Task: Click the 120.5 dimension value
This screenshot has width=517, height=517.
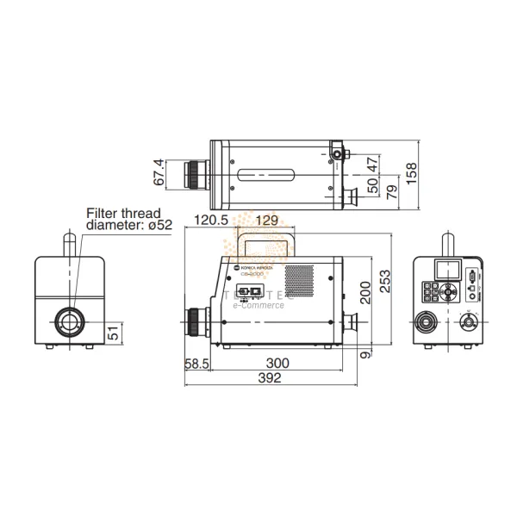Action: (211, 221)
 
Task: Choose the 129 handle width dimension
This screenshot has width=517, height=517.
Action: (269, 221)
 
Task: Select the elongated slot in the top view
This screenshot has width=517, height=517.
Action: (267, 174)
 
